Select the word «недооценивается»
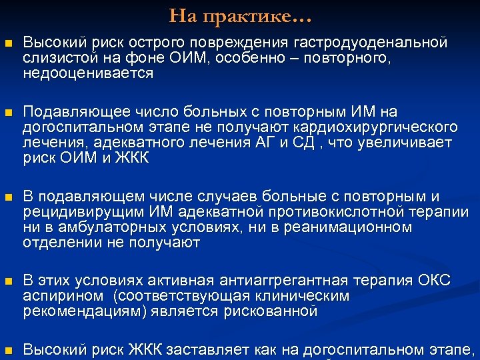tap(88, 73)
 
